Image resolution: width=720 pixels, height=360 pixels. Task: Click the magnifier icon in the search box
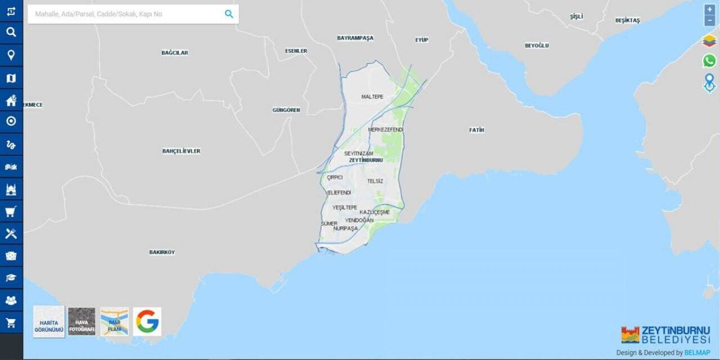[x=229, y=14]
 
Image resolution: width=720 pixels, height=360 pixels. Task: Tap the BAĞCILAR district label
[x=174, y=53]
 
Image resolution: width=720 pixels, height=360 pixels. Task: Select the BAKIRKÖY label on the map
[x=162, y=253]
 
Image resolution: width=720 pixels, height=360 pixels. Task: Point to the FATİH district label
[x=476, y=130]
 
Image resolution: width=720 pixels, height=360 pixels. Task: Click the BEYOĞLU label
[x=537, y=46]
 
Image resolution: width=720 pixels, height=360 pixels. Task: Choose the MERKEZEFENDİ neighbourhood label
[x=385, y=130]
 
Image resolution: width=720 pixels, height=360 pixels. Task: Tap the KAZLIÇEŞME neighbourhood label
[x=375, y=212]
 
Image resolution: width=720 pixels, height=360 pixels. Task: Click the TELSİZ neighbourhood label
[x=375, y=181]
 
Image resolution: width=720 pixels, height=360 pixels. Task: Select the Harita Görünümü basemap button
[x=49, y=322]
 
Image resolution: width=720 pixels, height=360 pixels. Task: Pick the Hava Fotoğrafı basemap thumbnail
[x=82, y=322]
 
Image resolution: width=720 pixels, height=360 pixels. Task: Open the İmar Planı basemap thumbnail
[x=114, y=322]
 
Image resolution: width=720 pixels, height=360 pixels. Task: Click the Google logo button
[x=147, y=322]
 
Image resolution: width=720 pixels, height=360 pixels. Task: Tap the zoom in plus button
[x=709, y=10]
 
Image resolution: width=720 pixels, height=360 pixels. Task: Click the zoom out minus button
[x=709, y=21]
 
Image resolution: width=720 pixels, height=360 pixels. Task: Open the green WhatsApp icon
[x=709, y=61]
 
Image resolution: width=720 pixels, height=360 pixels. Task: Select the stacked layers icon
[x=709, y=41]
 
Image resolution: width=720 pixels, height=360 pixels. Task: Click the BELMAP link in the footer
[x=696, y=353]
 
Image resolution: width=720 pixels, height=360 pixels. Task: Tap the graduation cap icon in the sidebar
[x=11, y=278]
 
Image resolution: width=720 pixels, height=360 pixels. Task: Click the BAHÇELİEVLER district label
[x=181, y=151]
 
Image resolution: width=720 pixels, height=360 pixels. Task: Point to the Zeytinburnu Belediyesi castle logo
[x=630, y=335]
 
